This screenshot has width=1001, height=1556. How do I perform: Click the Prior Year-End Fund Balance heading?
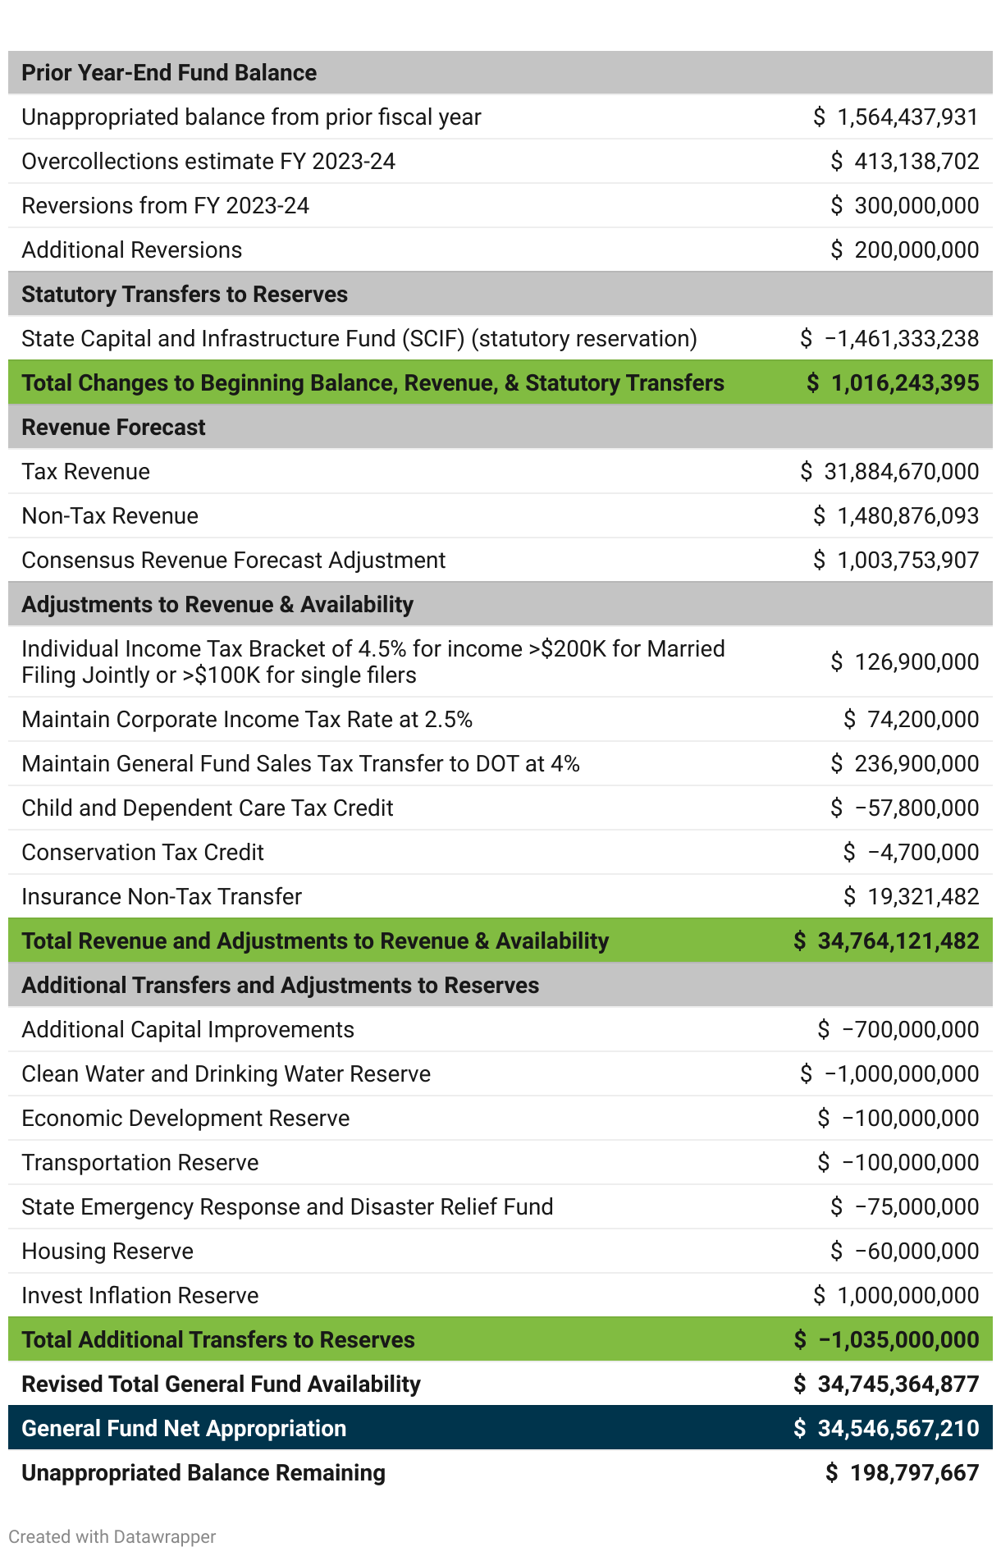[169, 73]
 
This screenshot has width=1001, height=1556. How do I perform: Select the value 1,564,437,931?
[907, 117]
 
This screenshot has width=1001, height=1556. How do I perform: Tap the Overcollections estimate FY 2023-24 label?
[208, 162]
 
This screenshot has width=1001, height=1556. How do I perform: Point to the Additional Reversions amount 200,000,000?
[916, 250]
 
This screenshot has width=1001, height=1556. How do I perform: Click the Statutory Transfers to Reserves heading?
[185, 295]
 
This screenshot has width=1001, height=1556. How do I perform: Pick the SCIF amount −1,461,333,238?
[901, 339]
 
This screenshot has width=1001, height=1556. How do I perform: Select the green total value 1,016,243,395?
[906, 383]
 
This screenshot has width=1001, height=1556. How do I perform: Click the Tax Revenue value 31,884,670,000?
[901, 472]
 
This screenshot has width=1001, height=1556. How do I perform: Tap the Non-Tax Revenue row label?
[110, 516]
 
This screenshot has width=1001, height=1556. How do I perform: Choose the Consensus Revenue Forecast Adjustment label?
[234, 561]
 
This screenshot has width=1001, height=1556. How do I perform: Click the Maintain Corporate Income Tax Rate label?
[247, 720]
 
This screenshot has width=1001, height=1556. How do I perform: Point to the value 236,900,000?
[916, 764]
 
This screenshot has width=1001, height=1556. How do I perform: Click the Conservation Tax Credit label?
[143, 853]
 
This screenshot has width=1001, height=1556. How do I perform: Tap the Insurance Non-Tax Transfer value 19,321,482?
[922, 897]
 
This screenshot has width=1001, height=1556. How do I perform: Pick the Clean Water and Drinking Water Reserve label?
[226, 1074]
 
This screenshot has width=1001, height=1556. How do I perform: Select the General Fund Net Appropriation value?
[898, 1429]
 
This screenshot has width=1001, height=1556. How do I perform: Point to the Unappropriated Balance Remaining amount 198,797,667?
[913, 1473]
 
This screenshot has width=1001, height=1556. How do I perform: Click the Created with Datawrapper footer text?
[112, 1537]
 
